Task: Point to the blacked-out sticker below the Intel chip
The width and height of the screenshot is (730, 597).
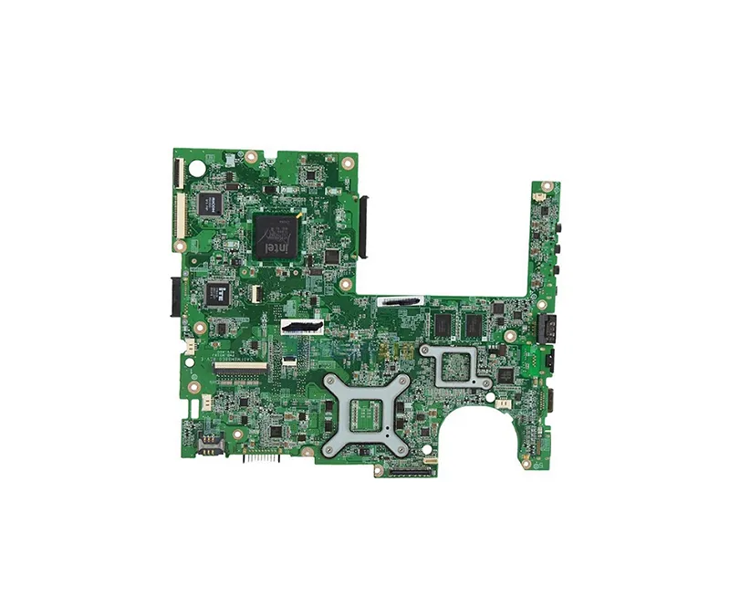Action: tap(304, 326)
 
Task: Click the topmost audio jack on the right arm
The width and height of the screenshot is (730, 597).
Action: tap(556, 225)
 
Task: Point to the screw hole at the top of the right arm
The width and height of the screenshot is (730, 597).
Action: tap(539, 194)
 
